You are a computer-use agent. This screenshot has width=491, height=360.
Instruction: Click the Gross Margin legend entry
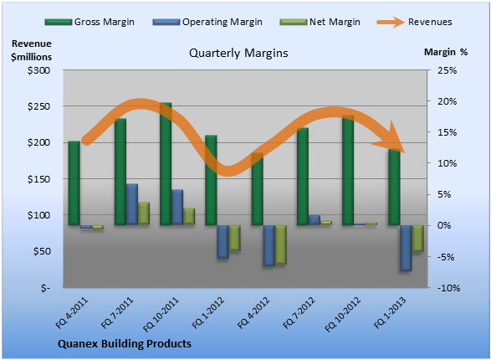[90, 22]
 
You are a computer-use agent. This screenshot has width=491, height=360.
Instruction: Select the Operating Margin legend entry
[207, 22]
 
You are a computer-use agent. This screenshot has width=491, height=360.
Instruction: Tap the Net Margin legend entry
[320, 22]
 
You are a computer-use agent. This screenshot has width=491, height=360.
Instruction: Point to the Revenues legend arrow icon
[391, 22]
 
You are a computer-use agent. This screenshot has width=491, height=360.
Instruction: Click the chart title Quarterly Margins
[238, 54]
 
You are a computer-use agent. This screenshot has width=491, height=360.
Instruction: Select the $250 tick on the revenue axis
[38, 106]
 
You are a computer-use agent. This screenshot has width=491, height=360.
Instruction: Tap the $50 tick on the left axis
[42, 252]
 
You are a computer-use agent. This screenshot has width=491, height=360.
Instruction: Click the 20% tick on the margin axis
[447, 101]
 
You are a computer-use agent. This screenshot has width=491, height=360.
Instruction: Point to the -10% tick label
[448, 288]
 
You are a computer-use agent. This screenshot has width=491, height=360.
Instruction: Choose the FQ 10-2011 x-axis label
[161, 314]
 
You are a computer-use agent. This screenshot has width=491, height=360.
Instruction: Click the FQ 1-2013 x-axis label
[390, 312]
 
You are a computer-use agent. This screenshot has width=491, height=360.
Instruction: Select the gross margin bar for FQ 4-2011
[74, 183]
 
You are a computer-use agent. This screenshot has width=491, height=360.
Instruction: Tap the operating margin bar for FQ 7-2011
[132, 204]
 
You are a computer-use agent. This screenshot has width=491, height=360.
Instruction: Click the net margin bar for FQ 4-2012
[280, 245]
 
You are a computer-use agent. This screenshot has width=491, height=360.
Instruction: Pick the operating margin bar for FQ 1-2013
[406, 248]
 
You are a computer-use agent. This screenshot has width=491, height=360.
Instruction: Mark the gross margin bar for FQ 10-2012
[348, 170]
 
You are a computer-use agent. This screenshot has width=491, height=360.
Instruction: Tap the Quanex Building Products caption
[125, 344]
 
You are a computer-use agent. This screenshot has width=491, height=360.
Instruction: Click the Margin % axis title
[446, 52]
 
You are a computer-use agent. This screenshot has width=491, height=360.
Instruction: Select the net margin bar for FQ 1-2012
[234, 238]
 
